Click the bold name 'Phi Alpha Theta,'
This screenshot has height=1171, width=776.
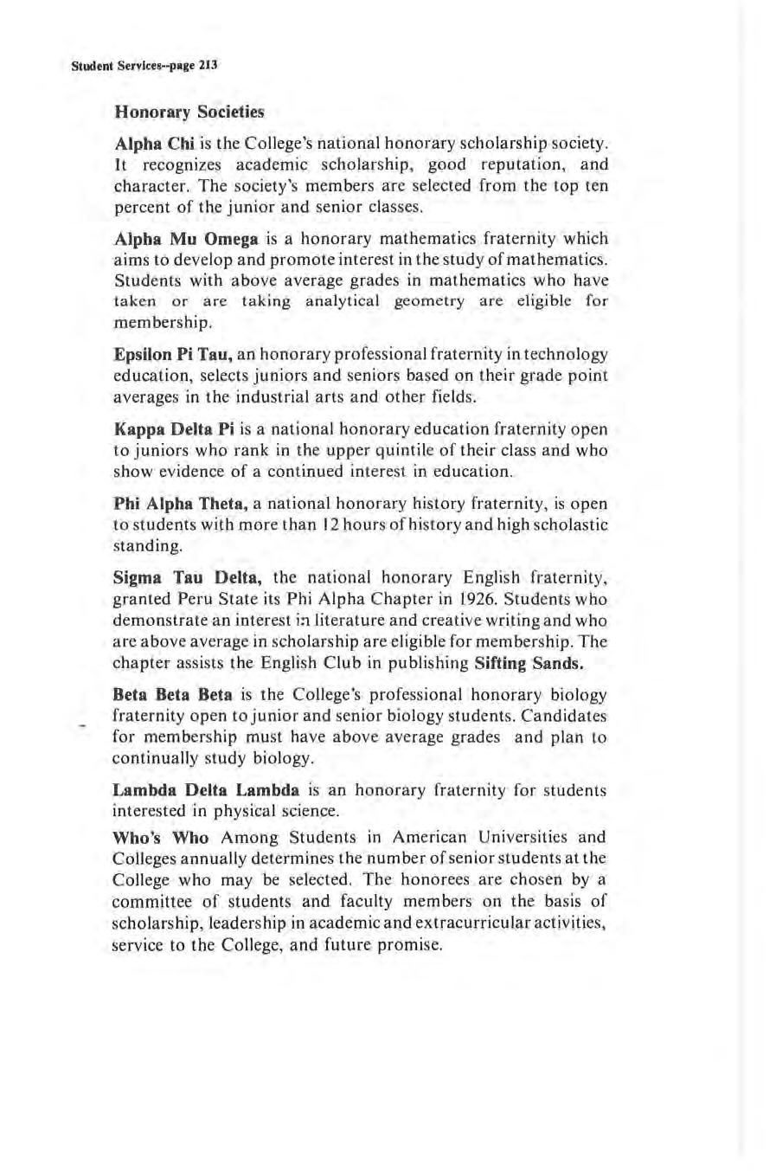click(182, 504)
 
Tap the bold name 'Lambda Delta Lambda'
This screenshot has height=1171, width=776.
click(206, 790)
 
